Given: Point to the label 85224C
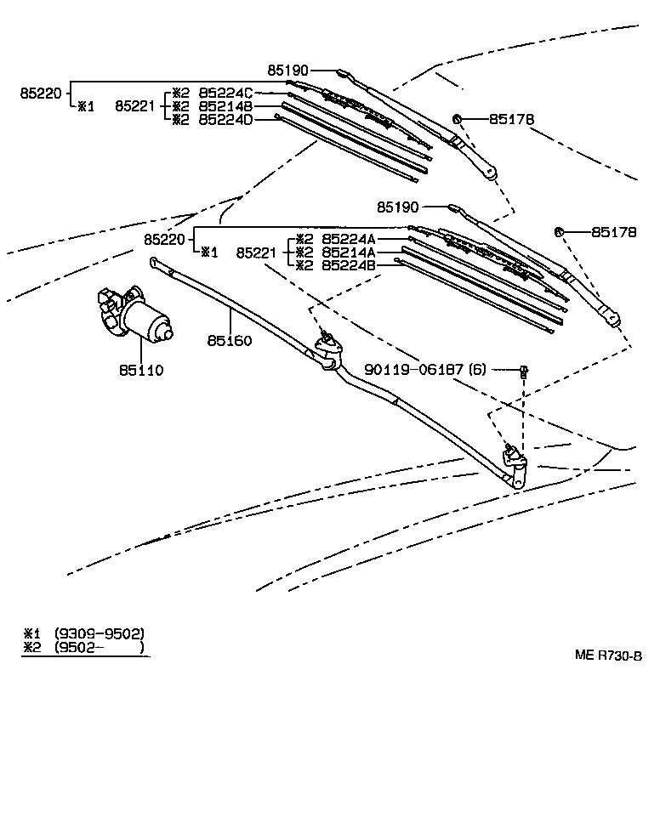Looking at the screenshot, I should tap(225, 93).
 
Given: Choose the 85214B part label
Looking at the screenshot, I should tap(225, 106).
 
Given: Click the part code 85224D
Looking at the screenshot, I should tap(225, 120).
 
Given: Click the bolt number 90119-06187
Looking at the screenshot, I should tap(414, 369).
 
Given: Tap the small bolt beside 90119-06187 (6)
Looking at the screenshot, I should tap(524, 370).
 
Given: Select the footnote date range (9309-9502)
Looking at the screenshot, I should tap(99, 633).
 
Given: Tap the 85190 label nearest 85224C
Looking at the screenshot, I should tap(287, 71).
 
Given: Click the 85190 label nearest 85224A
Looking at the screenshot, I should tap(399, 206).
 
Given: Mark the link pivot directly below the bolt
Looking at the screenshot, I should tap(515, 459).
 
